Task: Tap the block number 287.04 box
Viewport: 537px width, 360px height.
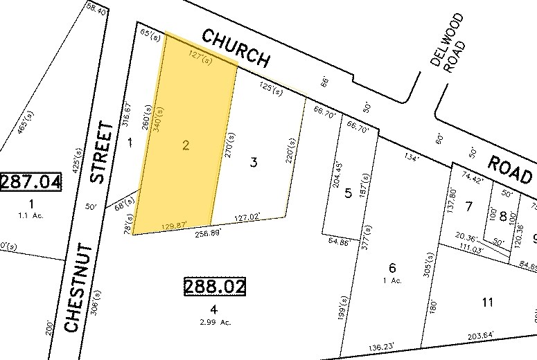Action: coord(30,183)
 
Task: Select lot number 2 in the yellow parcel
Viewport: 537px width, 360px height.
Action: coord(186,145)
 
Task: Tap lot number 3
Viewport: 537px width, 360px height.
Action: coord(254,163)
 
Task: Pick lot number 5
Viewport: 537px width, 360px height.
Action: coord(349,192)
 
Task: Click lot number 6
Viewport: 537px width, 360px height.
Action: coord(392,268)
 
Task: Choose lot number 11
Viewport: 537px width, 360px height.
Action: coord(488,302)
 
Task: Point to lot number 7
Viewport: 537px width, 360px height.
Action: coord(469,206)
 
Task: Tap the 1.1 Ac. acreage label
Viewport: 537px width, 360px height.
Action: coord(31,215)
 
